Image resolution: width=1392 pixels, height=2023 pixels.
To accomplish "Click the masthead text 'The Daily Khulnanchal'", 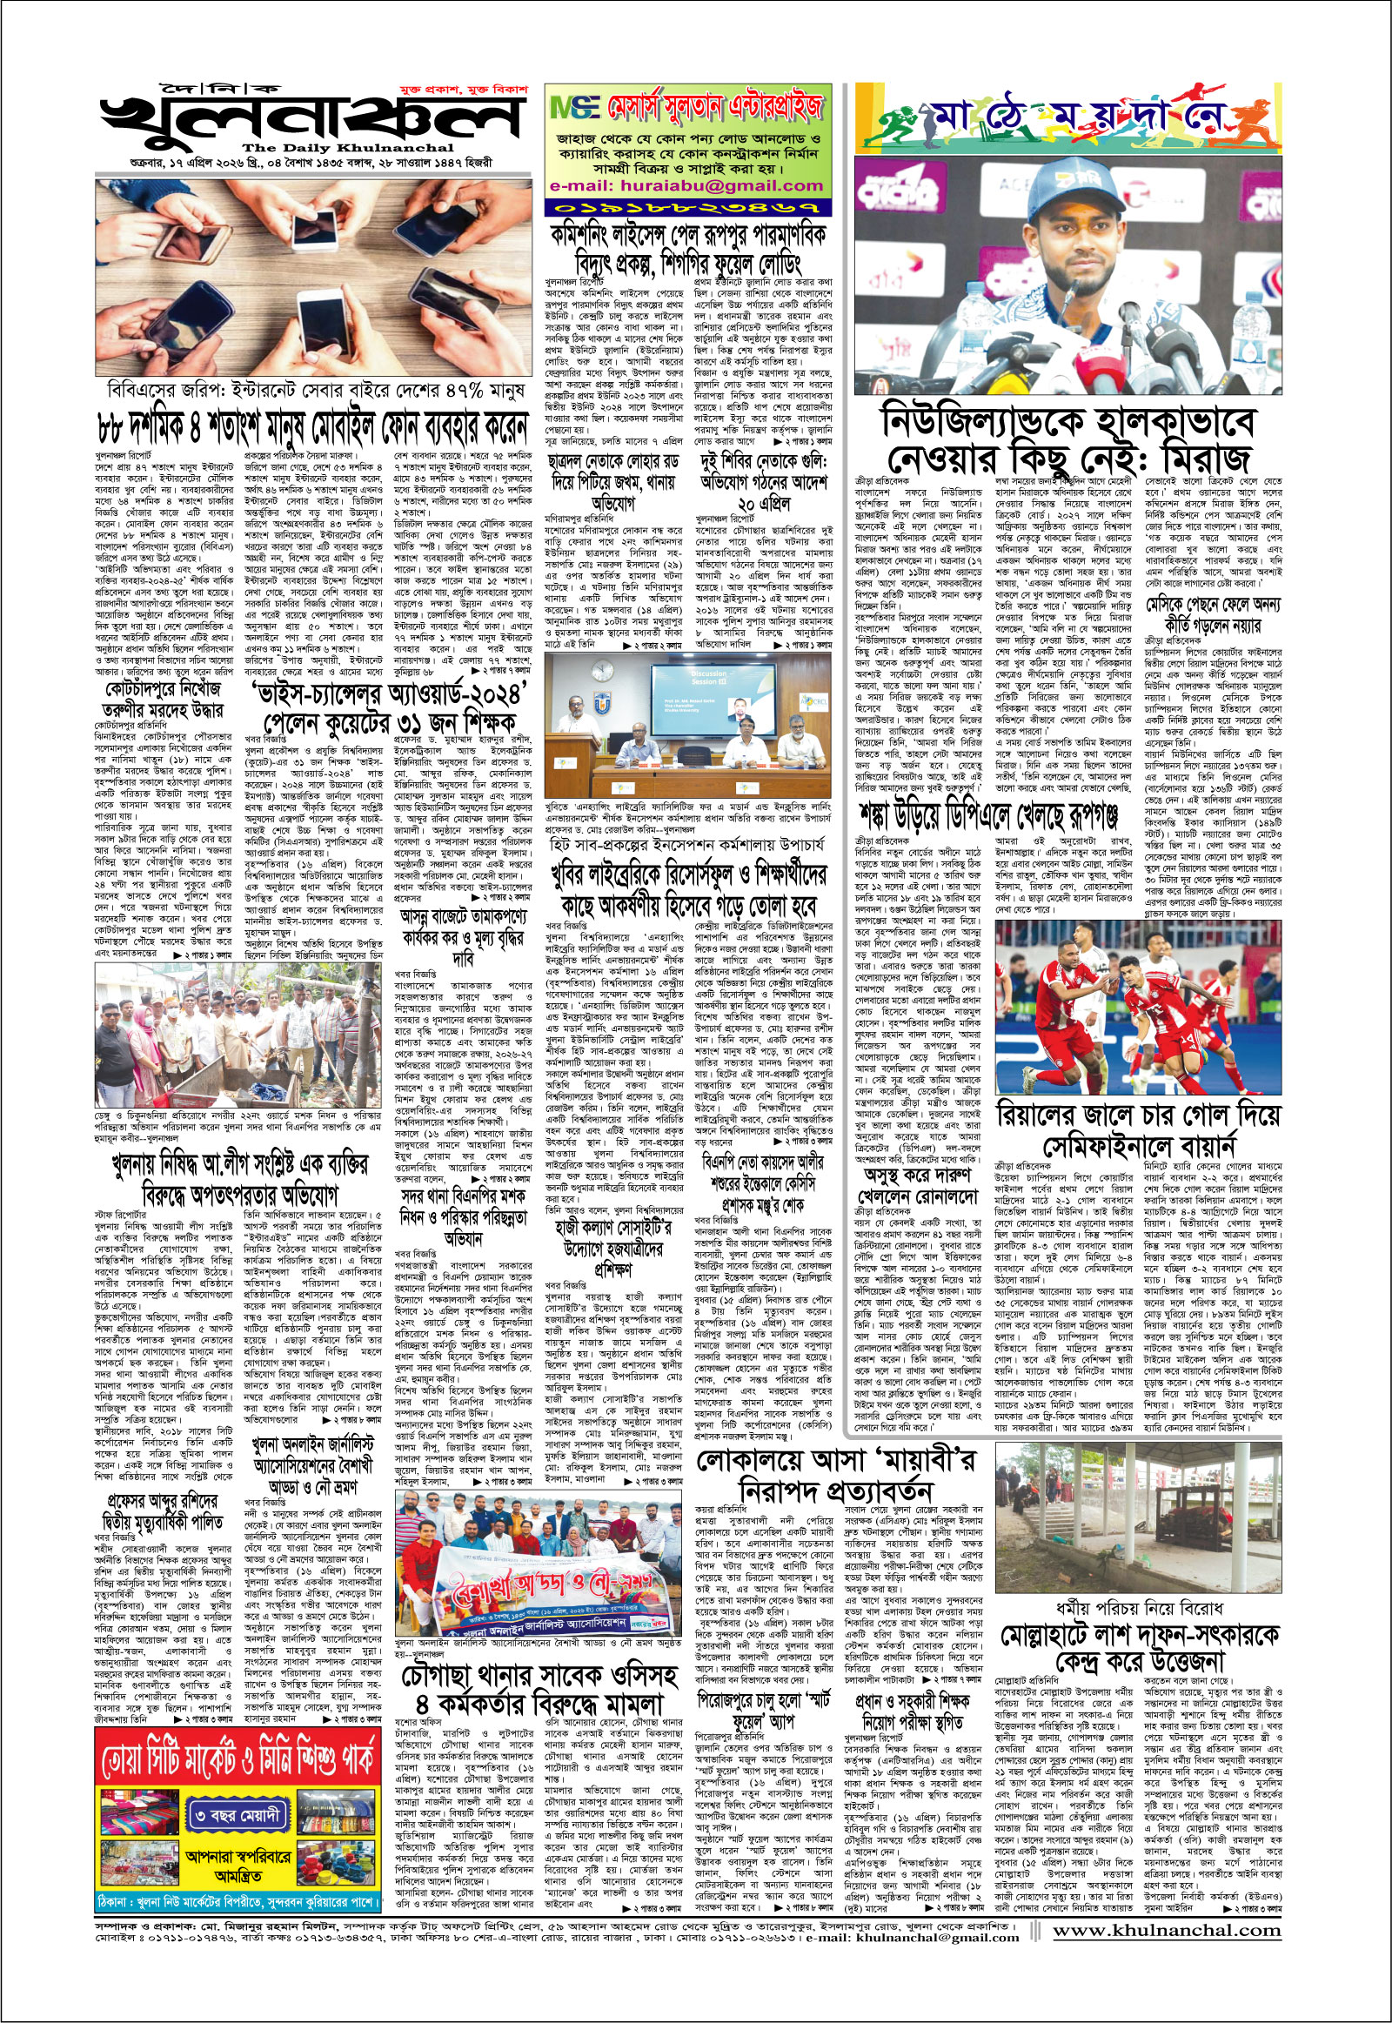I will [x=348, y=148].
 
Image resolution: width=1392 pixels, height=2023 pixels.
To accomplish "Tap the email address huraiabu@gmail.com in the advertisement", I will [x=687, y=186].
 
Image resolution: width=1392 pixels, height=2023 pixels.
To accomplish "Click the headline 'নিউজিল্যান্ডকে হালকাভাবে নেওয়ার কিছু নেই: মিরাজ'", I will [x=1067, y=440].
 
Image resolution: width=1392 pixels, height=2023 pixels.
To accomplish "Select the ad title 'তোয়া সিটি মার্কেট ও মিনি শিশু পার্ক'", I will [x=238, y=1762].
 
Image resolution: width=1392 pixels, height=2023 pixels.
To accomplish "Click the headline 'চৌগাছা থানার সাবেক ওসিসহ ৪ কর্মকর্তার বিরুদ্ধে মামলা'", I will [x=539, y=1689].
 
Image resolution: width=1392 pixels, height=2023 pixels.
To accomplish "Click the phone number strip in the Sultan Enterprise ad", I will [x=687, y=208].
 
